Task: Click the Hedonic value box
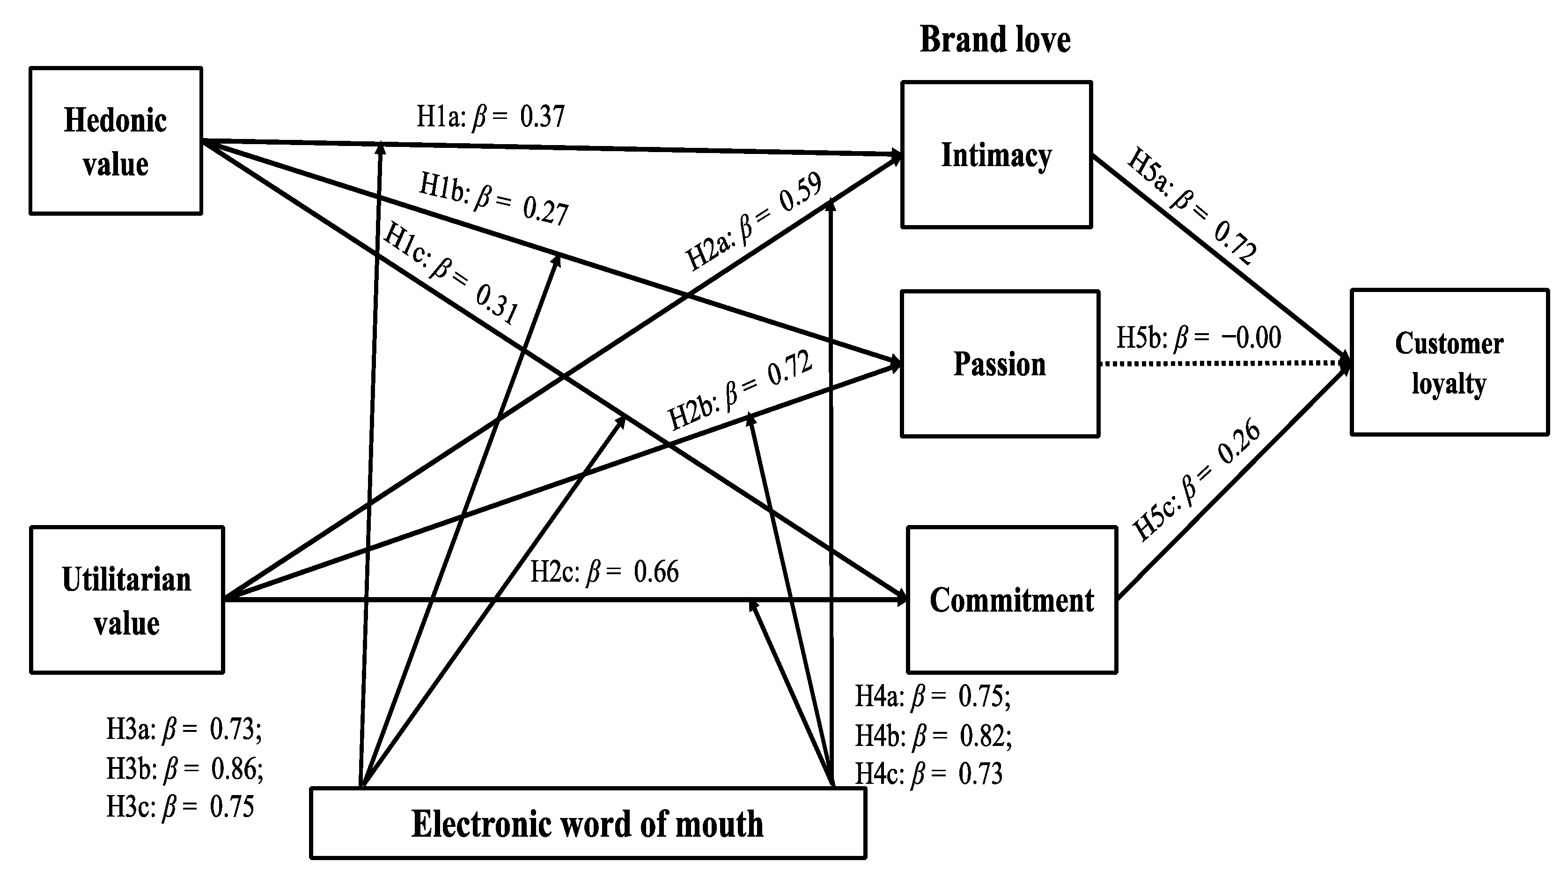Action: pos(115,141)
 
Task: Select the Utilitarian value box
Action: pos(126,600)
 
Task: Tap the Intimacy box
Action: pos(996,155)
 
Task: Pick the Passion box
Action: pos(999,364)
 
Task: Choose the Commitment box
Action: pos(1011,600)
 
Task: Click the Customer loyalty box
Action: pos(1449,362)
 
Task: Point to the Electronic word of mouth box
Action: pos(588,823)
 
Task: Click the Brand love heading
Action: pos(995,39)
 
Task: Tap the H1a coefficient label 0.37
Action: pos(491,116)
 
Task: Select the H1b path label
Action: pos(493,198)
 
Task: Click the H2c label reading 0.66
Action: pos(604,572)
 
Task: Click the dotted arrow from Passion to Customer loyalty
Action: pos(1223,363)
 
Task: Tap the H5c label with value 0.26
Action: pos(1196,479)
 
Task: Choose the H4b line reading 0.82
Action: pos(933,735)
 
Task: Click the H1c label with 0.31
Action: pos(450,274)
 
